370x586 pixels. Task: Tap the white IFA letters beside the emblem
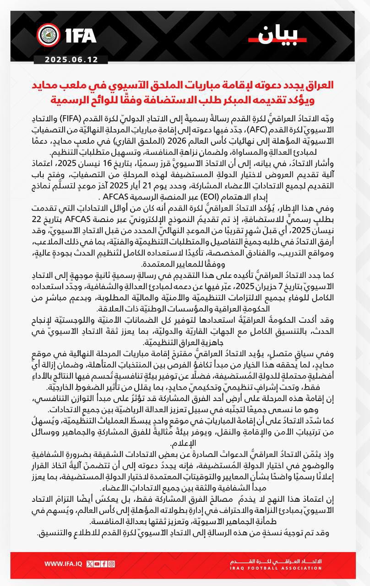pyautogui.click(x=77, y=35)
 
